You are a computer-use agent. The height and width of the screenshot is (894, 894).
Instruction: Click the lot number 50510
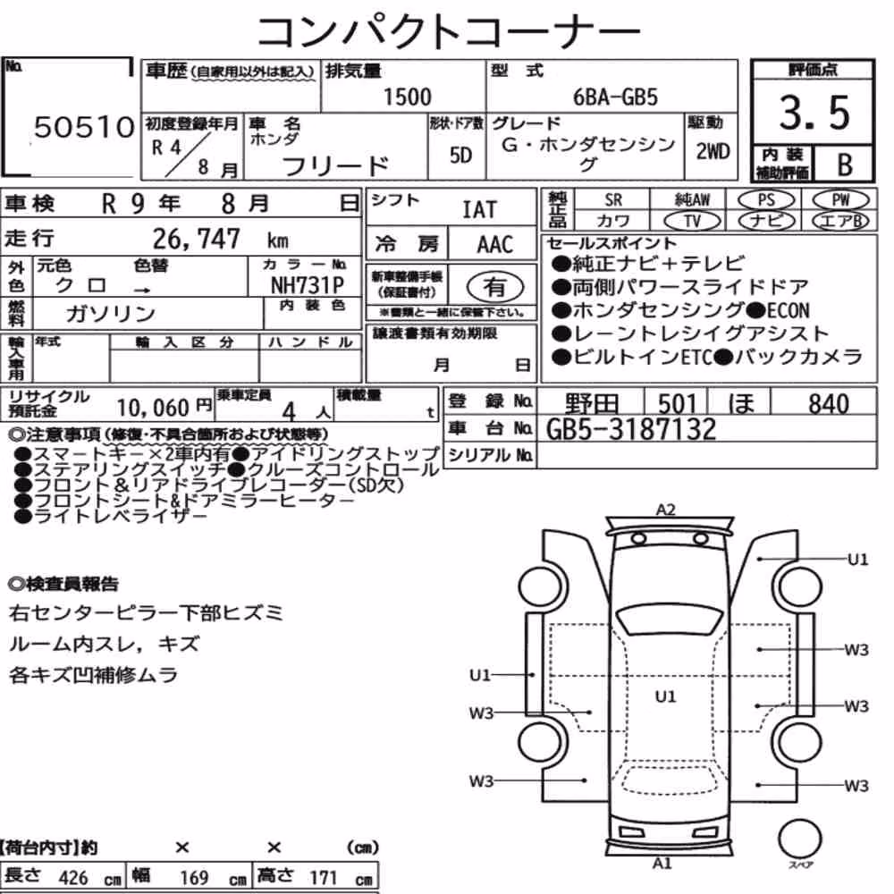tap(84, 127)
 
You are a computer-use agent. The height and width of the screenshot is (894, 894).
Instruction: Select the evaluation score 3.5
tap(814, 113)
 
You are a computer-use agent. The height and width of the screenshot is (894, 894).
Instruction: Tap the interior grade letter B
tap(845, 164)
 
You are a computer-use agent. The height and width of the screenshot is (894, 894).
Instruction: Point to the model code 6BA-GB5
tap(615, 97)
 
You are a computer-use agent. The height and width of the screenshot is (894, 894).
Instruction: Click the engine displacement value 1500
tap(407, 97)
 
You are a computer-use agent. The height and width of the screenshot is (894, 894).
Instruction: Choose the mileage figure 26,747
tap(196, 239)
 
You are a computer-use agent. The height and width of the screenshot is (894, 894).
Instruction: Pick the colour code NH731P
tap(308, 284)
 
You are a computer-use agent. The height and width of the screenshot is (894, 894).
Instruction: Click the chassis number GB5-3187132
tap(630, 429)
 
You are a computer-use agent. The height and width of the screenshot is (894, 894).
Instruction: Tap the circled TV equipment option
tap(693, 221)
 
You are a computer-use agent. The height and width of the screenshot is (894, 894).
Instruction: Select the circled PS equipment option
tap(766, 200)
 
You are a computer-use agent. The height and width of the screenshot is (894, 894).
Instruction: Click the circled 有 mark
tap(495, 287)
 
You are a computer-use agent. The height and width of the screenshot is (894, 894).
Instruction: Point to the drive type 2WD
tap(713, 152)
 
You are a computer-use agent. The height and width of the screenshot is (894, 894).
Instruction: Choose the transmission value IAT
tap(479, 210)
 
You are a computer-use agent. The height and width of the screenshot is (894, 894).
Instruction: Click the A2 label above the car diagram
tap(665, 510)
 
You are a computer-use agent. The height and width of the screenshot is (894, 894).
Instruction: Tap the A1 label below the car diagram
tap(662, 864)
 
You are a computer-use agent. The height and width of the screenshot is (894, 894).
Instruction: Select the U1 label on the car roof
tap(665, 696)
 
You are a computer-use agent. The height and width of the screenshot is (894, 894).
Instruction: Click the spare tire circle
tap(800, 839)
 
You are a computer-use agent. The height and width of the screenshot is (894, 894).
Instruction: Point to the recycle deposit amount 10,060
tap(153, 408)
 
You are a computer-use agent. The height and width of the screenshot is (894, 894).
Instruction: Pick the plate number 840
tap(829, 404)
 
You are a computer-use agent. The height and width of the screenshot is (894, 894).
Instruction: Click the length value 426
tap(73, 877)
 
